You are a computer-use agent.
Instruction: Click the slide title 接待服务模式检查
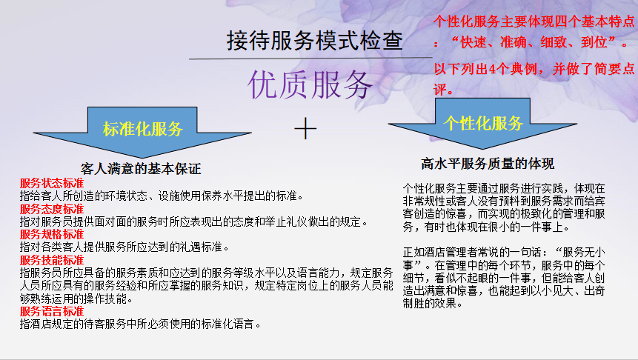pos(315,41)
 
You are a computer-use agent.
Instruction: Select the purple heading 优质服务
pos(311,85)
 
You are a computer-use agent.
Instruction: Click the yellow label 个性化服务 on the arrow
pos(483,123)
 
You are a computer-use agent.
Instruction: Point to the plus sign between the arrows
pos(305,129)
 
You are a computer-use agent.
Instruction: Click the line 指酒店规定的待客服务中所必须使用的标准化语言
pos(141,324)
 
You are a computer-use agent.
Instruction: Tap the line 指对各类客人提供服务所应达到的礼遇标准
pos(124,247)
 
